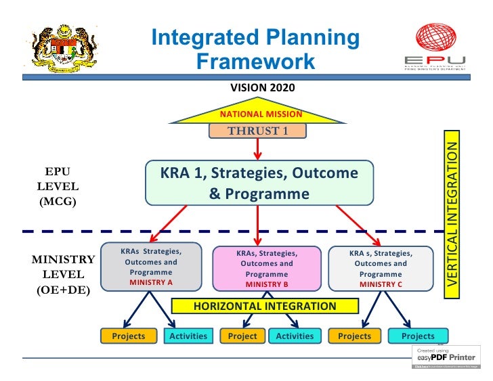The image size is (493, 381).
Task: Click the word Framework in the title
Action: (255, 62)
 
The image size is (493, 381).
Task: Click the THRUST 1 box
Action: (257, 131)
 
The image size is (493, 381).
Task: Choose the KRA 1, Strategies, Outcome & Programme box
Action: (259, 183)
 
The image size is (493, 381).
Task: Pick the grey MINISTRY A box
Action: (151, 267)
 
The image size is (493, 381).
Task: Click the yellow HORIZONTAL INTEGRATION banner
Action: (265, 306)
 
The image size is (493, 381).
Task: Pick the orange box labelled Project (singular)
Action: (242, 336)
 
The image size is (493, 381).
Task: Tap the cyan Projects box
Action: (418, 336)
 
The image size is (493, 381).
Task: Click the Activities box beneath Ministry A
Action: (188, 336)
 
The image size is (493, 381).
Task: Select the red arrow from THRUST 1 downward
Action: (257, 148)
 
